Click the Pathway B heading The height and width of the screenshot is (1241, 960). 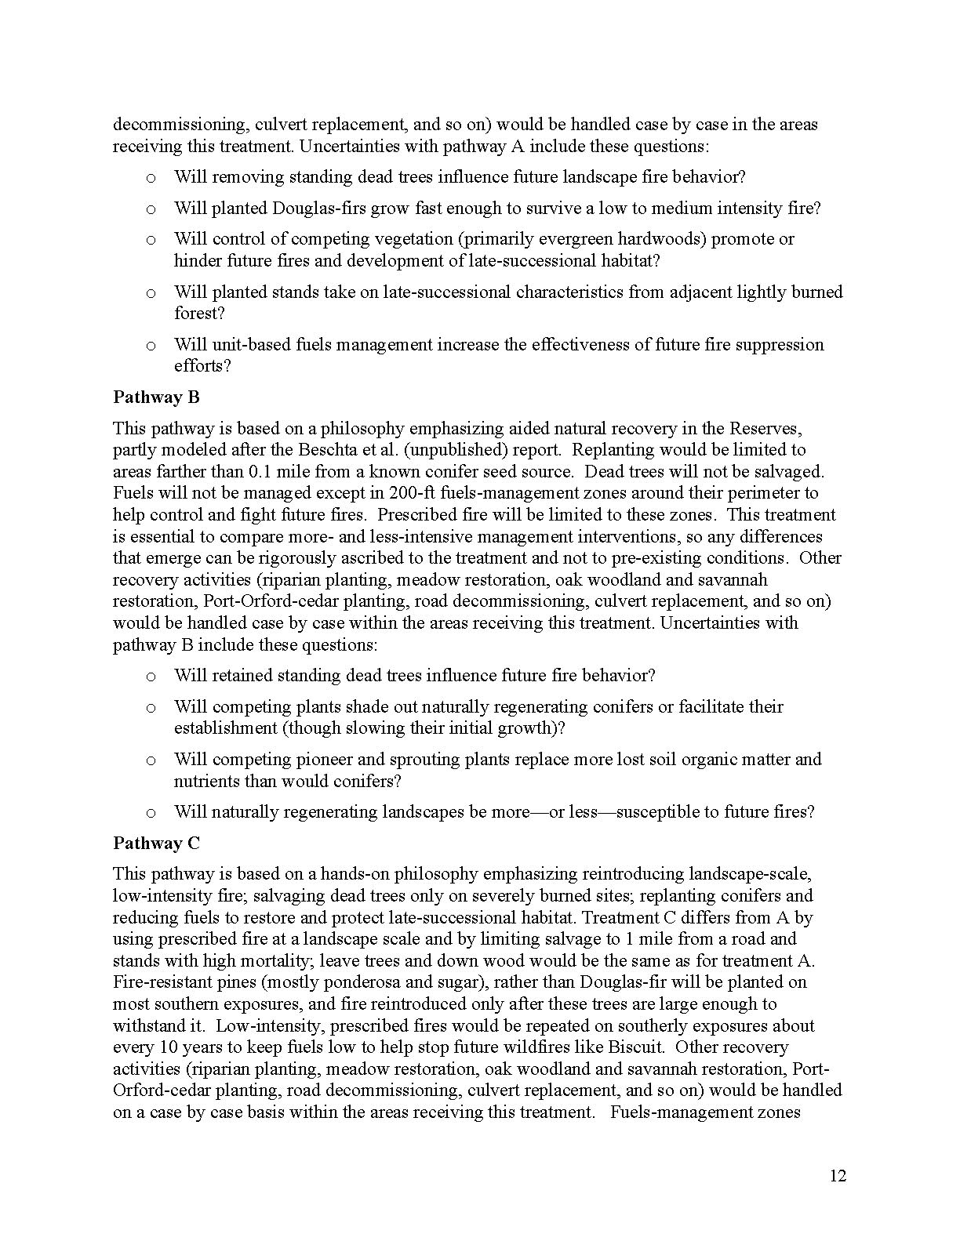point(156,397)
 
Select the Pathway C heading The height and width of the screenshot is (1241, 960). point(156,844)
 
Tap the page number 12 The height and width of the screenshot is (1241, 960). point(838,1176)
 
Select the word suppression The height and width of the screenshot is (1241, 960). point(780,345)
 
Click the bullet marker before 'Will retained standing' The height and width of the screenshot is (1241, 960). point(151,677)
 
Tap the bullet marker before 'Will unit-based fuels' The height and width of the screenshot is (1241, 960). point(151,346)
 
